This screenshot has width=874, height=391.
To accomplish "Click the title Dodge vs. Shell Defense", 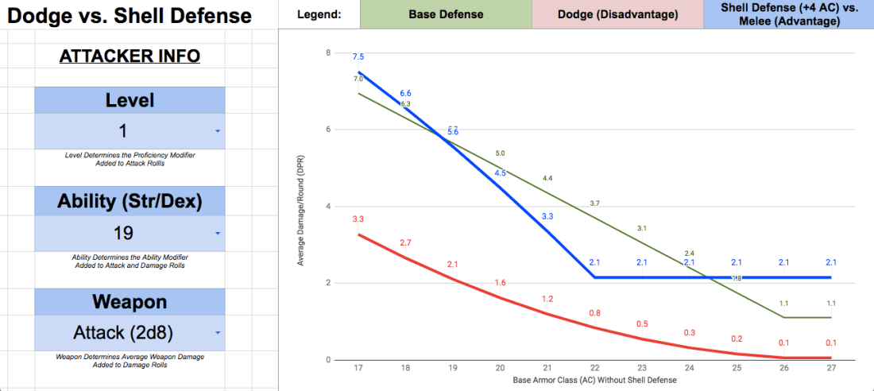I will tap(130, 15).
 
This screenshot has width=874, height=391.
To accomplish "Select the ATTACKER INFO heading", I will tap(130, 56).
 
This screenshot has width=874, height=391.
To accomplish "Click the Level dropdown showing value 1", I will tap(130, 131).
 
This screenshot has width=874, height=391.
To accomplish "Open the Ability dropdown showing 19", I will tap(130, 233).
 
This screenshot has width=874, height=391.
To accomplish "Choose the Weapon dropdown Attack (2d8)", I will tap(130, 333).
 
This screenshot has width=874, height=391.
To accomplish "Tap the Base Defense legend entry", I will tap(446, 14).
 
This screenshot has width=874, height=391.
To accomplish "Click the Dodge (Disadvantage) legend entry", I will tap(617, 14).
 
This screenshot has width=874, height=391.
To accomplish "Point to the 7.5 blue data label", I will tap(358, 56).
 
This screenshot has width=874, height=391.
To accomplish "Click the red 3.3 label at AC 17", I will tap(358, 219).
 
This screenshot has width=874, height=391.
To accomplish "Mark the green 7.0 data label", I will tap(358, 79).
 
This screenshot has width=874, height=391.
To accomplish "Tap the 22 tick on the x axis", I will tap(595, 369).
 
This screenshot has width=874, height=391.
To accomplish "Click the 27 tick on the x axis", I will tap(831, 369).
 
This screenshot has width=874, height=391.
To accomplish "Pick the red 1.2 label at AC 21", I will tap(547, 299).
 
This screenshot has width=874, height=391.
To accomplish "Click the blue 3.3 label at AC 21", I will tap(547, 216).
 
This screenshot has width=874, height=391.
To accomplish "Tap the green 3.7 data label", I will tap(595, 203).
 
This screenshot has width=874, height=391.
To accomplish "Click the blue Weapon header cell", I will tap(130, 303).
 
